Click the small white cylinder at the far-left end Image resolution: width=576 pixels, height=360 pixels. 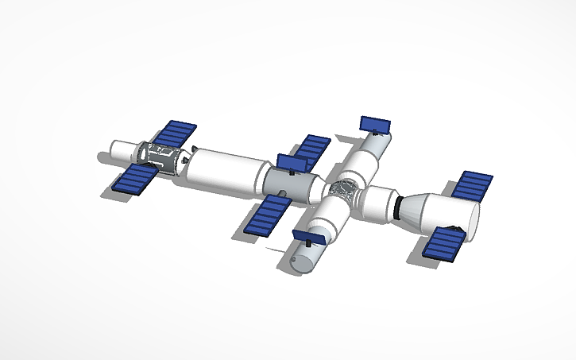click(121, 150)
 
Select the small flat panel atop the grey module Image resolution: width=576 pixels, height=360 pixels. click(292, 162)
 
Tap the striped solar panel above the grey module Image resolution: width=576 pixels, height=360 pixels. click(313, 149)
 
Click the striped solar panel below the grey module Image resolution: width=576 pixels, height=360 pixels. click(267, 215)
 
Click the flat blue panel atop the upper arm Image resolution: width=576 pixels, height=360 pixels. click(375, 125)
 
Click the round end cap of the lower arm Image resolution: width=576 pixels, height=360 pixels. click(301, 261)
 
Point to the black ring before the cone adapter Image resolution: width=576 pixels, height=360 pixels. click(395, 208)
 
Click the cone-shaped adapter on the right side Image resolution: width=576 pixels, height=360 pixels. click(412, 209)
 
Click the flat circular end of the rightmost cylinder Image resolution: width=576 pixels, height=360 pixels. click(473, 221)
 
